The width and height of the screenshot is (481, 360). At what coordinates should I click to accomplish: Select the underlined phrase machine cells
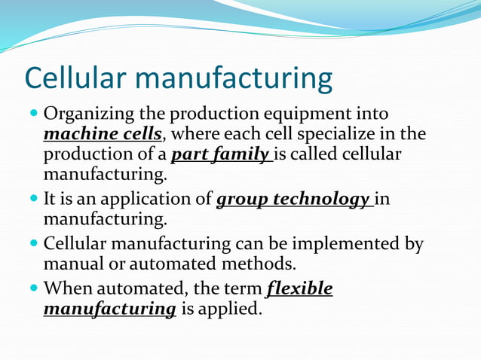click(102, 134)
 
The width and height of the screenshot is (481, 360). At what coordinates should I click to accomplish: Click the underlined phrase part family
click(220, 154)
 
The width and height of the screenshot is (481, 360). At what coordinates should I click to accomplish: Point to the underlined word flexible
click(299, 289)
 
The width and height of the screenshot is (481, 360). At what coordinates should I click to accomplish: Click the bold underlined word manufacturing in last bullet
click(110, 309)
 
